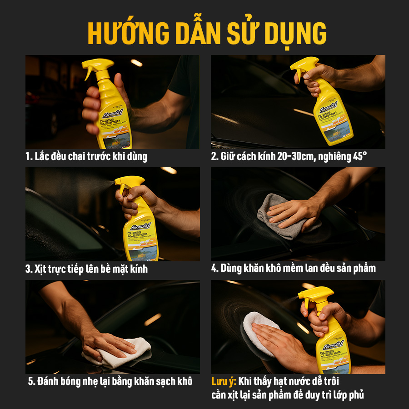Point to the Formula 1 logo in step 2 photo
coord(329,108)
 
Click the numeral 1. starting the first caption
coord(29,157)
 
